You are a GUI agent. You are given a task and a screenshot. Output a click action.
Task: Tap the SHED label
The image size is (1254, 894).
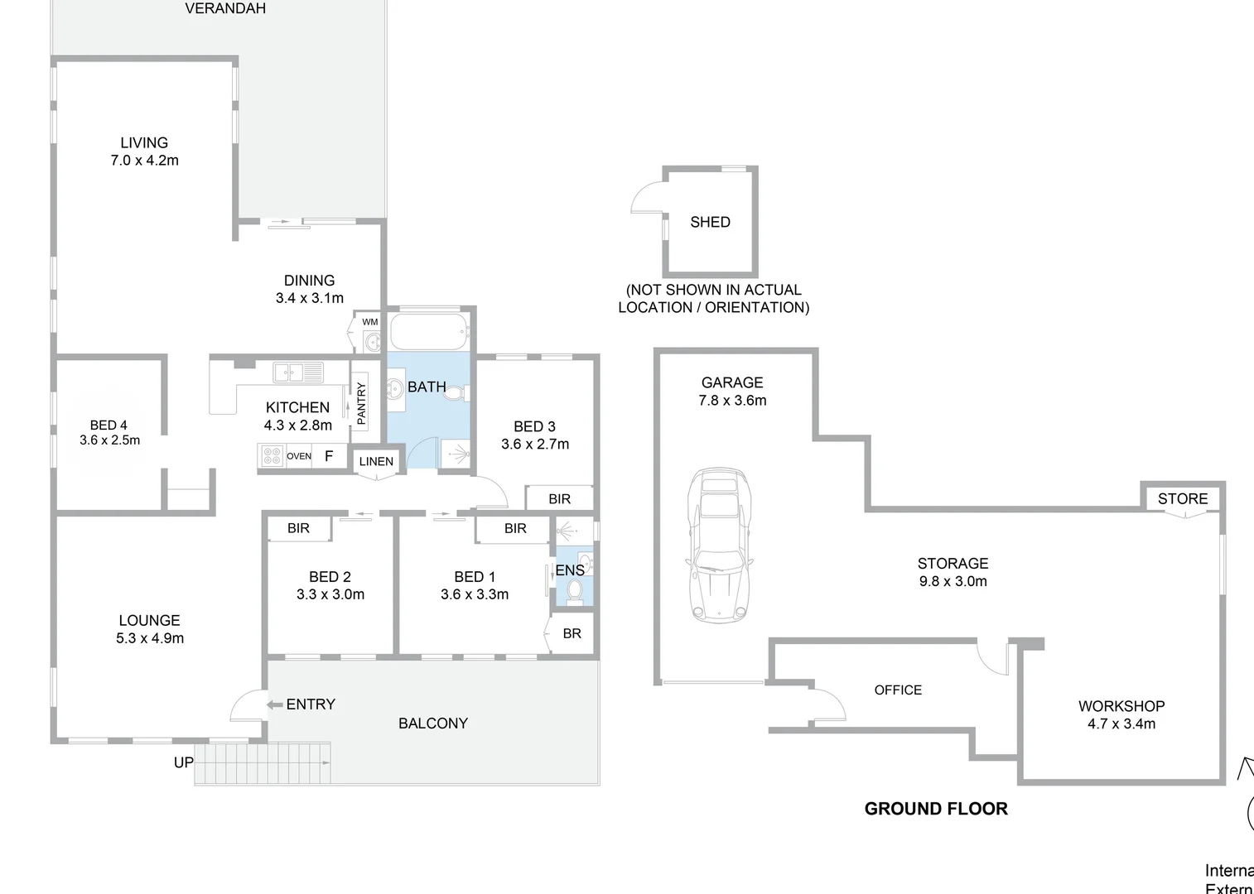click(x=710, y=222)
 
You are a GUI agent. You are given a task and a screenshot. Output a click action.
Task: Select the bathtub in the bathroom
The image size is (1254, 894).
click(x=428, y=332)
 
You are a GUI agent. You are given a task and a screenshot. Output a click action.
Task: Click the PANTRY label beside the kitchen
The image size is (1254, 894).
click(x=361, y=403)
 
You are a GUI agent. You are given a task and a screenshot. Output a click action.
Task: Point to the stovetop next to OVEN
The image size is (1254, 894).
click(x=272, y=456)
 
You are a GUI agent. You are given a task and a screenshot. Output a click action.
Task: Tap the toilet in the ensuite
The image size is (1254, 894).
click(x=575, y=590)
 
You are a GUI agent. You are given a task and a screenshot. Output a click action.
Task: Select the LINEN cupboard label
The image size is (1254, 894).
click(x=376, y=462)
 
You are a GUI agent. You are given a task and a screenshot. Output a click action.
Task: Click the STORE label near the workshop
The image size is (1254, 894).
click(x=1182, y=498)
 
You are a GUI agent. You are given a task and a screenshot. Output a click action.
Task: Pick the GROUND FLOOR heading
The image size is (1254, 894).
click(x=936, y=809)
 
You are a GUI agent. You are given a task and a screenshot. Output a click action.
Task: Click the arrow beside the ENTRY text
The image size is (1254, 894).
click(x=274, y=704)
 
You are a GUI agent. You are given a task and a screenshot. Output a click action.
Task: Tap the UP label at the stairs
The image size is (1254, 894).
click(x=183, y=762)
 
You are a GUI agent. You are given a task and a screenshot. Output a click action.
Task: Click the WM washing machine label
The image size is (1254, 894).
click(x=369, y=322)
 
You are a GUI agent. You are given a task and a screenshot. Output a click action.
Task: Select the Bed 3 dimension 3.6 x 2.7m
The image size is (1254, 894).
click(x=534, y=445)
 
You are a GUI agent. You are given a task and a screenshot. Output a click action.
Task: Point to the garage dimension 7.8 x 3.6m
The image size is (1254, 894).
click(x=732, y=401)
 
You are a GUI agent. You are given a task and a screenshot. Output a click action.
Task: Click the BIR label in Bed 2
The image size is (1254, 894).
click(x=298, y=528)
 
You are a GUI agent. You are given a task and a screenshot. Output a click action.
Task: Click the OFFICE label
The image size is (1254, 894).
click(x=898, y=690)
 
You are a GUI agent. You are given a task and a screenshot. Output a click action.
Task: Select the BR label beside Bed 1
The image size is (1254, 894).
click(x=572, y=633)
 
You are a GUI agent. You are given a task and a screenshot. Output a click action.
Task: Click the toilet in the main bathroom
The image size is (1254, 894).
click(x=455, y=393)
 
